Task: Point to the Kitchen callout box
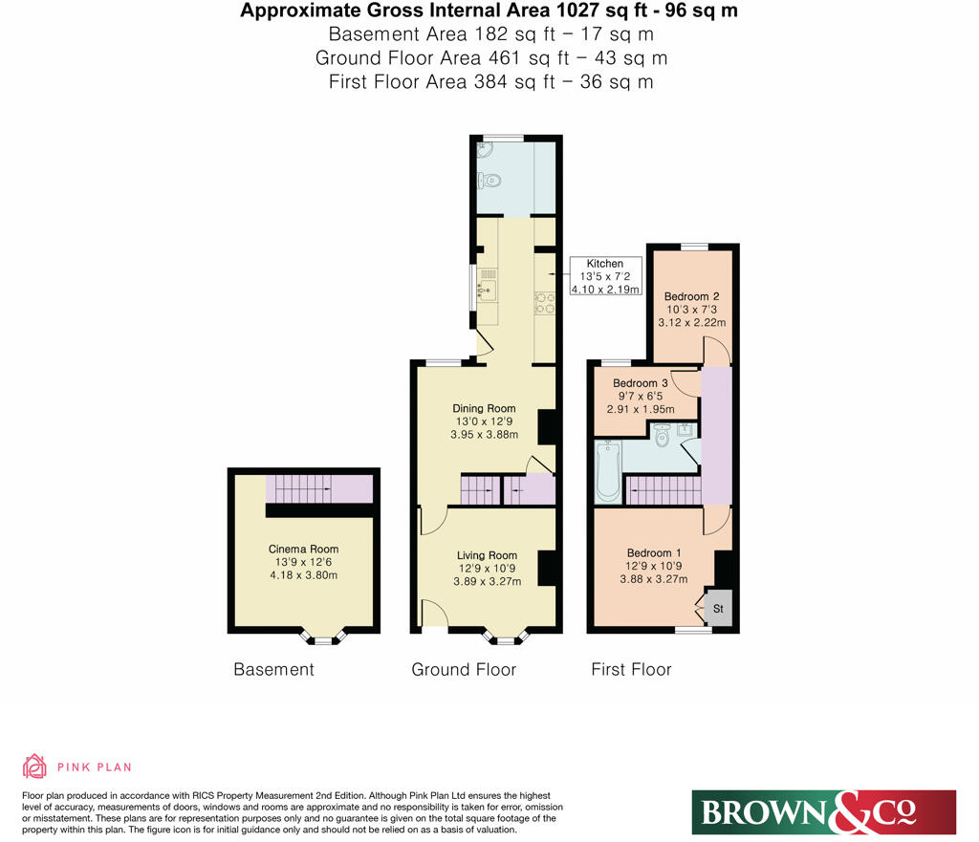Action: [604, 276]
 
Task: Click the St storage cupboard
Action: [720, 607]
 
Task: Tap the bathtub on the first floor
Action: [607, 471]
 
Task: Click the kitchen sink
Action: [487, 287]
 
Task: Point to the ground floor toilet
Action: [491, 178]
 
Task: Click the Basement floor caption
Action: [273, 669]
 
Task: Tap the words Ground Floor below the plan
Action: [464, 669]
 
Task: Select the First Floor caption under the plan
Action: [631, 669]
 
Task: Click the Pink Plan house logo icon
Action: [34, 766]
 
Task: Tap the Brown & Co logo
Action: [823, 811]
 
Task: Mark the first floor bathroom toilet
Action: [663, 438]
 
